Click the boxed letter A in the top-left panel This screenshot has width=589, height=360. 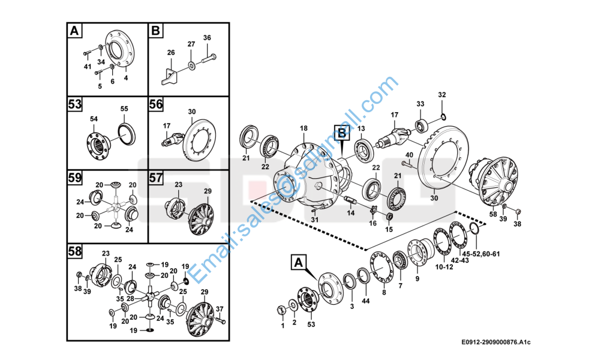click(74, 31)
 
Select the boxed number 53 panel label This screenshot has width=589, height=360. click(74, 104)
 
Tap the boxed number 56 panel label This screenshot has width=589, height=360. click(156, 104)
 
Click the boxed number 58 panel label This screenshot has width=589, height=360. click(74, 251)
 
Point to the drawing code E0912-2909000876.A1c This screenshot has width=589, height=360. click(496, 342)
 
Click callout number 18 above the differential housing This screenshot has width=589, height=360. click(303, 128)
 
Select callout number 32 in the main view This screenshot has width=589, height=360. click(442, 95)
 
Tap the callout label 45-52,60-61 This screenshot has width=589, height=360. click(480, 254)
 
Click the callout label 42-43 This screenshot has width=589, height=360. click(460, 260)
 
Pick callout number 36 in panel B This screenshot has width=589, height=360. click(207, 38)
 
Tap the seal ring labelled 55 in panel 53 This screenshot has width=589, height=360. click(126, 134)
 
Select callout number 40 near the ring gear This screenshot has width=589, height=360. click(409, 155)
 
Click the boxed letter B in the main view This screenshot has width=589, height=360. click(341, 132)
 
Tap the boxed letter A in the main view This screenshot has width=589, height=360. click(299, 262)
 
